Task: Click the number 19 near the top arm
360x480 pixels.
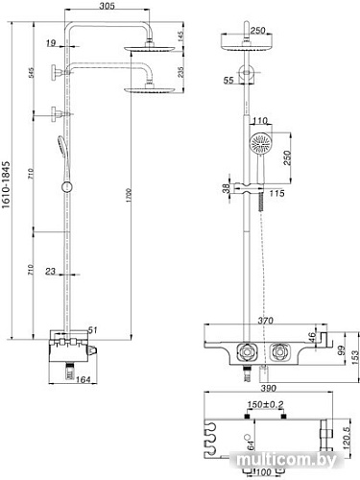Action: point(50,42)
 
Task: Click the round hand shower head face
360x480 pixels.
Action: point(260,145)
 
